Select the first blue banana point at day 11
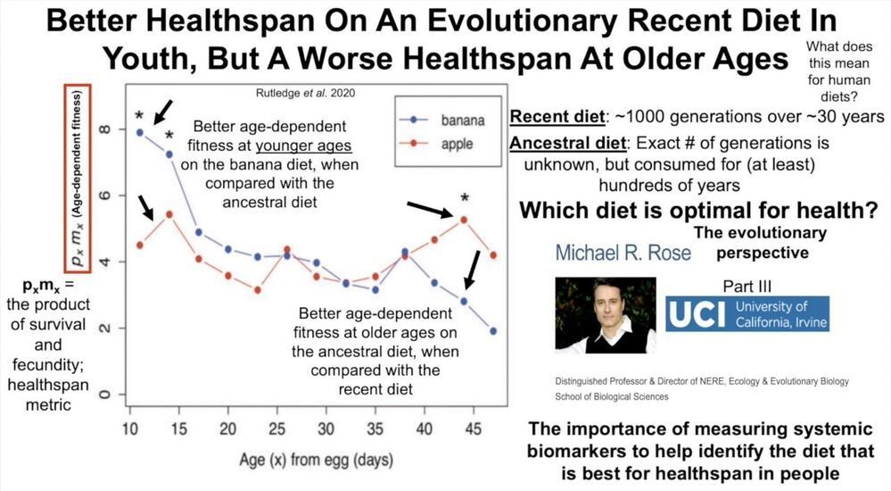(x=140, y=132)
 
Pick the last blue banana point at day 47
(x=493, y=331)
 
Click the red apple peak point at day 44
(x=464, y=219)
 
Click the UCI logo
(x=747, y=313)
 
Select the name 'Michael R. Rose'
(x=623, y=253)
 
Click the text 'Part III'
(x=750, y=286)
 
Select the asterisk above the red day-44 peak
(x=464, y=199)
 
